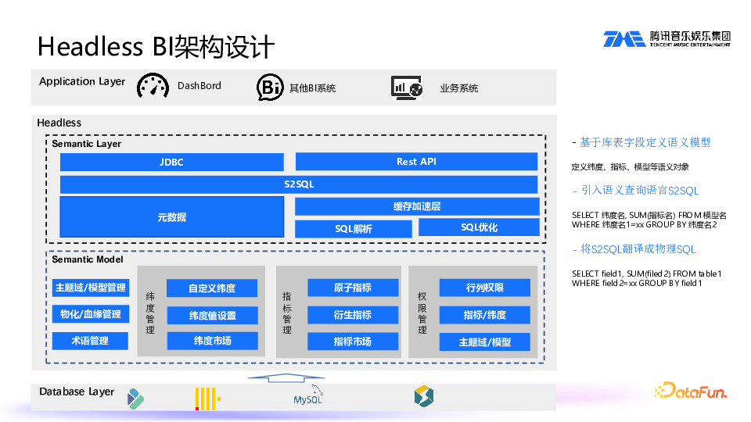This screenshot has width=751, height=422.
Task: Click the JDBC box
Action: tap(171, 162)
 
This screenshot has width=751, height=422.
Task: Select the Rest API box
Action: tap(416, 162)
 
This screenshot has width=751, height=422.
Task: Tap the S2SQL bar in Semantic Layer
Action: tap(299, 184)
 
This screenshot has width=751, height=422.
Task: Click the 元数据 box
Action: tap(171, 217)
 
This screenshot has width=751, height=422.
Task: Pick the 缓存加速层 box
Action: tap(416, 206)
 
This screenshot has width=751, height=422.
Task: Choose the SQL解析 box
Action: tap(353, 229)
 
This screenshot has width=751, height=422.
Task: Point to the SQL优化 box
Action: tap(479, 227)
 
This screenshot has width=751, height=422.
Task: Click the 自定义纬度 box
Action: tap(211, 288)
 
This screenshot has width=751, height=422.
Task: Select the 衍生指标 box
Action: tap(352, 315)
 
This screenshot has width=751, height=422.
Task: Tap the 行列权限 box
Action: tap(484, 288)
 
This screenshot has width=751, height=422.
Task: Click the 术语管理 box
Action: tap(90, 341)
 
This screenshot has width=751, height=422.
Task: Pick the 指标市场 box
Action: tap(352, 342)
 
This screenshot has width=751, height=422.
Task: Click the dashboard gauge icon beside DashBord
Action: tap(153, 86)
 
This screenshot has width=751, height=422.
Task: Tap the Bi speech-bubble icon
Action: tap(270, 88)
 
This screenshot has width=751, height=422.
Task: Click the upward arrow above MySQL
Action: tap(279, 378)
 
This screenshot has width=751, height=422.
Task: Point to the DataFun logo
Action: tap(690, 390)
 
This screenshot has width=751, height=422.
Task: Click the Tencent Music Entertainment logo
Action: tap(667, 39)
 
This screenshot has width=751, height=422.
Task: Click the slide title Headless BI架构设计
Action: tap(156, 47)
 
